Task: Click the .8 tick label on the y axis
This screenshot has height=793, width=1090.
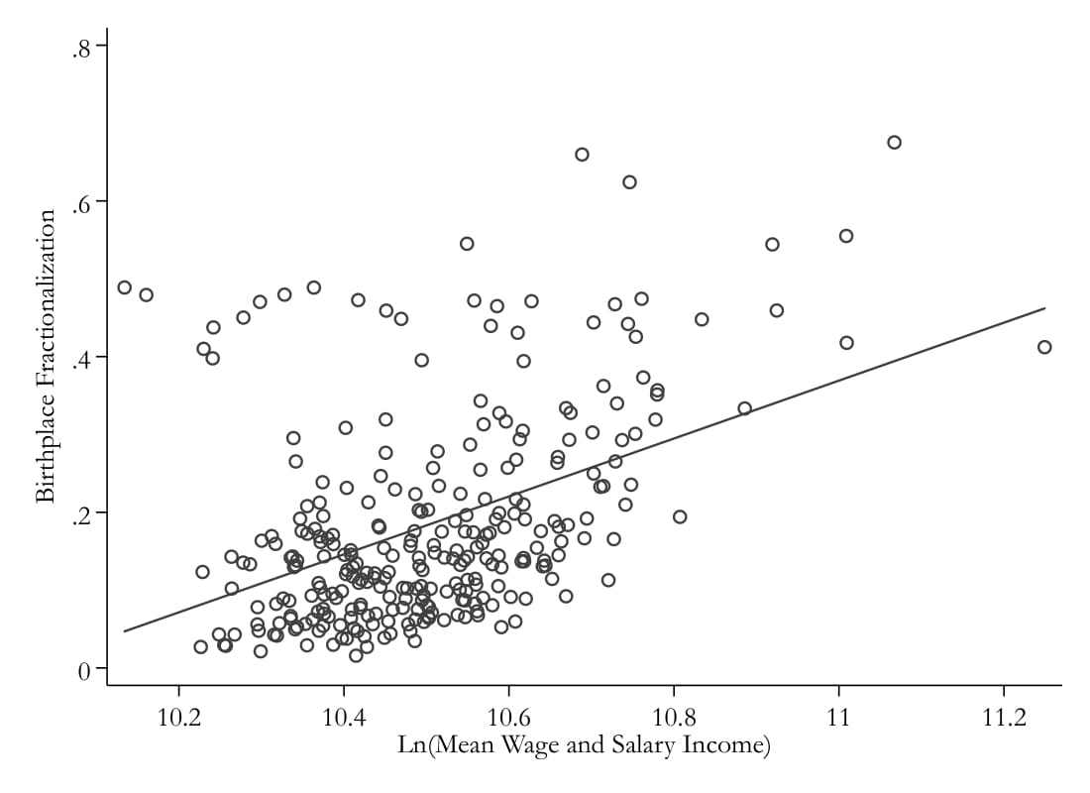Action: [80, 49]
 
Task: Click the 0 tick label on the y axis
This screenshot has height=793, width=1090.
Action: [84, 670]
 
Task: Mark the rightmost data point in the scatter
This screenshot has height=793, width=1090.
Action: [1044, 347]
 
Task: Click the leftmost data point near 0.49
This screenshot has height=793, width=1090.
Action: [124, 287]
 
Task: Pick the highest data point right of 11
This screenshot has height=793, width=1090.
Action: [894, 142]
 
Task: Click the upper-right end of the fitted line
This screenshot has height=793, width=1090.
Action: [1045, 307]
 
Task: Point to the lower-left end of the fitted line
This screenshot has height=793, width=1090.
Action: [124, 630]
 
